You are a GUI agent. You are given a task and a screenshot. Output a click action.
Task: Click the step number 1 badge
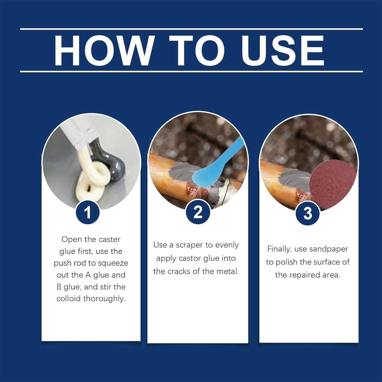coord(88,212)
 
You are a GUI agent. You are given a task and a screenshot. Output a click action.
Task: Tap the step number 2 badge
coord(198,212)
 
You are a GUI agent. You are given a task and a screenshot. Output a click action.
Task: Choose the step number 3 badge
coord(308,213)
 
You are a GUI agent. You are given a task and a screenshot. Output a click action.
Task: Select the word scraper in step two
coord(190,245)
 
